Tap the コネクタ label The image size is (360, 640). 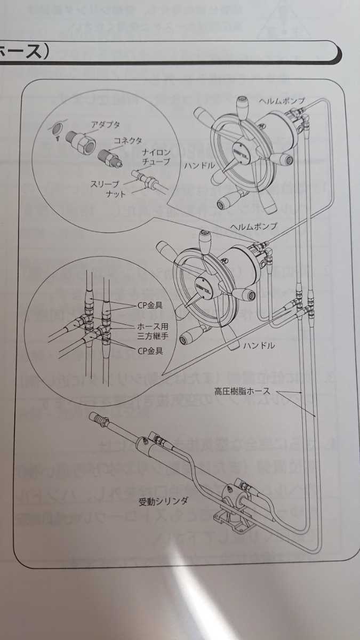click(127, 140)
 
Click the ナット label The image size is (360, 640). click(115, 194)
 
